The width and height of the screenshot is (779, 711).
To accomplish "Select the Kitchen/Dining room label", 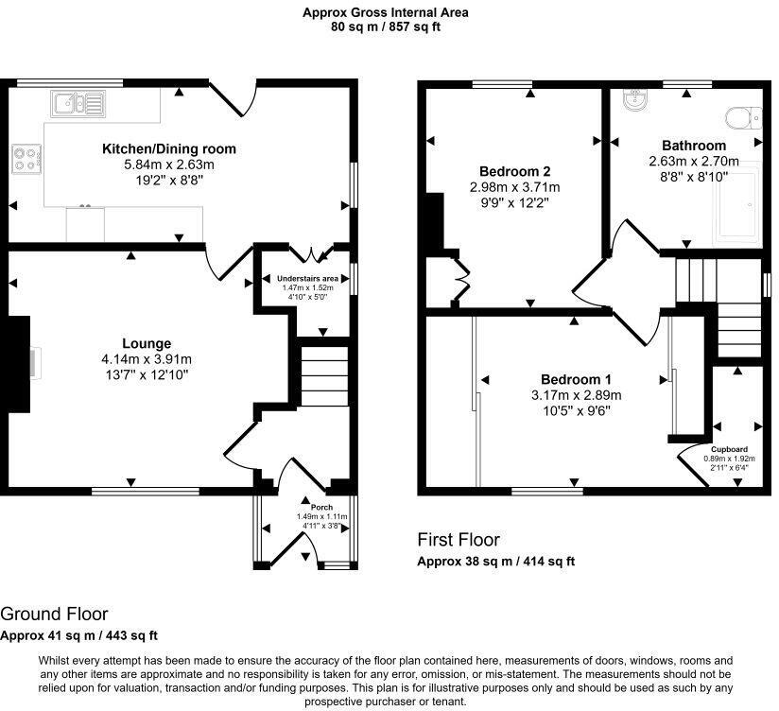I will [169, 148].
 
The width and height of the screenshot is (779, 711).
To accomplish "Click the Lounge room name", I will [147, 343].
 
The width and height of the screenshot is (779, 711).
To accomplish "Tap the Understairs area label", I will [307, 279].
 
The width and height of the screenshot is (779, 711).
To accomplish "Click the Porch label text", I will [309, 505].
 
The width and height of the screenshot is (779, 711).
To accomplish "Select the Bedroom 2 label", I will [514, 171].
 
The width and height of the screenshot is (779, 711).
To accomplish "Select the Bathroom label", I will [694, 146].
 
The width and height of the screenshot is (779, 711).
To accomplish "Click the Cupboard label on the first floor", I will [729, 449].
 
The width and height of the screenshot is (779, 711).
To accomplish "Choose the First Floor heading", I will [459, 540].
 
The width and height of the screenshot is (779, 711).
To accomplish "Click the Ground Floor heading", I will [54, 615].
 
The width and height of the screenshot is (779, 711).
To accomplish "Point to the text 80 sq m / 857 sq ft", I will [385, 27].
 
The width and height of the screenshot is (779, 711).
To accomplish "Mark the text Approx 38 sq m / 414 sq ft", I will [496, 561].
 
